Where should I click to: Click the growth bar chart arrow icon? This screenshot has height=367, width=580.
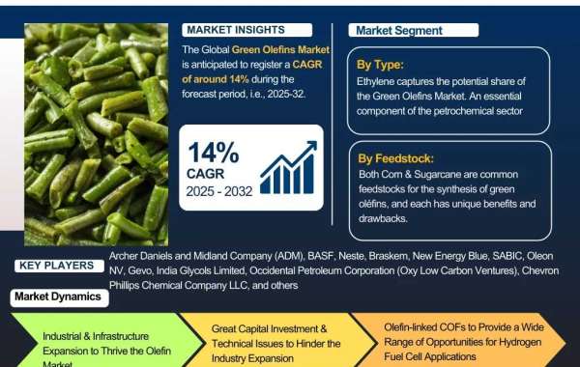click(287, 167)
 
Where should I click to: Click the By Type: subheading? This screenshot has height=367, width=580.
click(379, 65)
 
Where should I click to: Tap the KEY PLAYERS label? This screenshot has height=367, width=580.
click(56, 265)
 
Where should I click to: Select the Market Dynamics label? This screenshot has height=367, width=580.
click(58, 296)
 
